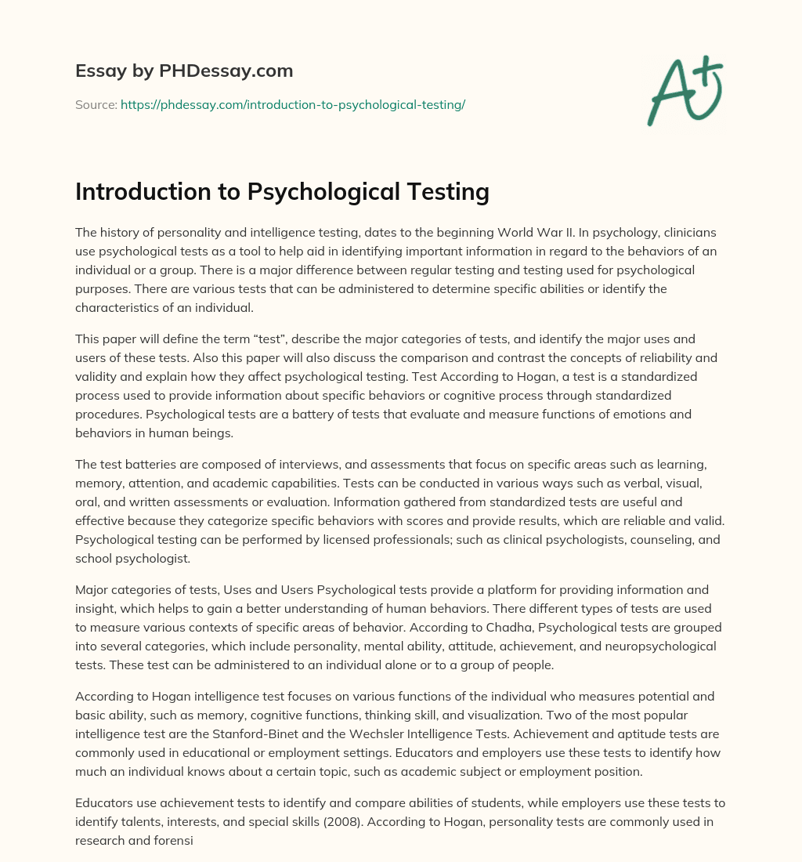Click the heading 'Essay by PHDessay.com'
pyautogui.click(x=184, y=71)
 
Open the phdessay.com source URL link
pyautogui.click(x=293, y=104)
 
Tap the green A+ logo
pyautogui.click(x=684, y=90)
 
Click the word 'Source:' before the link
pyautogui.click(x=96, y=104)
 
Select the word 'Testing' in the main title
pyautogui.click(x=443, y=191)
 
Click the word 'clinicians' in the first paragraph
pyautogui.click(x=692, y=232)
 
